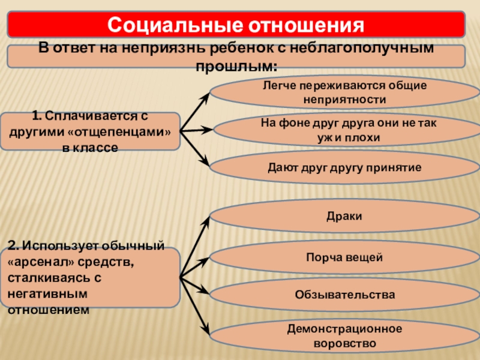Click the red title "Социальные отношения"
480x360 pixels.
click(236, 25)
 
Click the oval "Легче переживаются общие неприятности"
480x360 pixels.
click(344, 92)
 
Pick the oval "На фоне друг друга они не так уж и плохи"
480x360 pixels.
click(344, 130)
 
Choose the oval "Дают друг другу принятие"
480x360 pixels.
click(344, 167)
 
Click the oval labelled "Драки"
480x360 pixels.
click(344, 216)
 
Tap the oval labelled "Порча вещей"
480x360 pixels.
click(344, 257)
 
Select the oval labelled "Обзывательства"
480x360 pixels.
click(344, 295)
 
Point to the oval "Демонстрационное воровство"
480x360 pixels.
click(344, 336)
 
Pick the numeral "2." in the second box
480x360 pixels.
click(14, 246)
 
